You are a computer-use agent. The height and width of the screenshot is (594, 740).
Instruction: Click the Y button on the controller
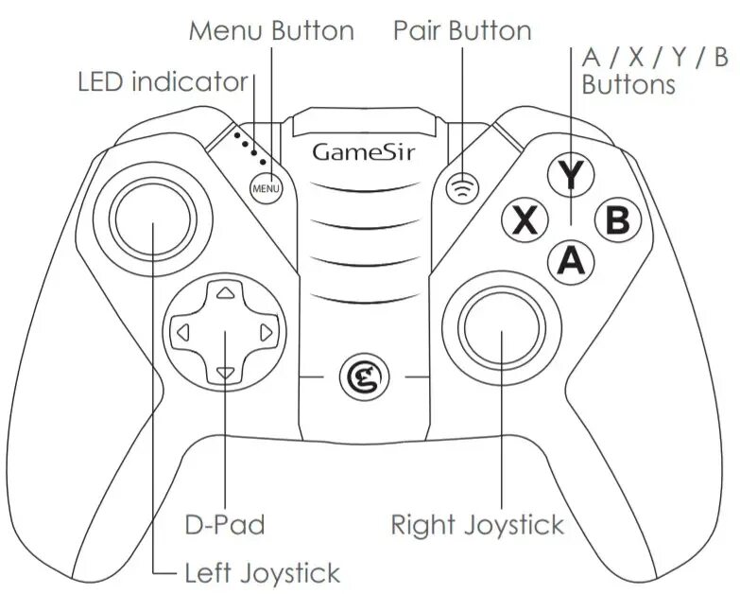coord(570,175)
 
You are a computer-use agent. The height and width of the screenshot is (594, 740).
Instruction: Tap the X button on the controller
coord(525,220)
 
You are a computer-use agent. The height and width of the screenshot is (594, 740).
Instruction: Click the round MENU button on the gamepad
coord(267,187)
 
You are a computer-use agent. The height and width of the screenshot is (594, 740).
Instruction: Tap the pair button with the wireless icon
coord(462,186)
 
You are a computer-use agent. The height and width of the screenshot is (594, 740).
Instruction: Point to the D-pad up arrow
coord(224,294)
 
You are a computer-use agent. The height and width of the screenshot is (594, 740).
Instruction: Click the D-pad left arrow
coord(183,332)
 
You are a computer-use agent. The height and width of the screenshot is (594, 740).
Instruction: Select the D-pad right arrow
coord(266,332)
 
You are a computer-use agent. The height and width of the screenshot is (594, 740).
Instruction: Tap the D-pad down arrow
coord(224,373)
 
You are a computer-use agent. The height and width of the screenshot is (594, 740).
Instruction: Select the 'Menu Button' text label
coord(271,30)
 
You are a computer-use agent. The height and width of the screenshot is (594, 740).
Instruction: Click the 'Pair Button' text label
coord(462,30)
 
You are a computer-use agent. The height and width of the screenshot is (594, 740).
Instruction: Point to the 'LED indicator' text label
coord(162,82)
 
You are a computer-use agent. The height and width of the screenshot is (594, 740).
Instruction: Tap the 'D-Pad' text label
coord(224,524)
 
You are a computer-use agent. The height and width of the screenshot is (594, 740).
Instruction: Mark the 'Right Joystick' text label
coord(476,525)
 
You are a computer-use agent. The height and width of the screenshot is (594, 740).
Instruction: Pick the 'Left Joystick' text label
coord(262,573)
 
